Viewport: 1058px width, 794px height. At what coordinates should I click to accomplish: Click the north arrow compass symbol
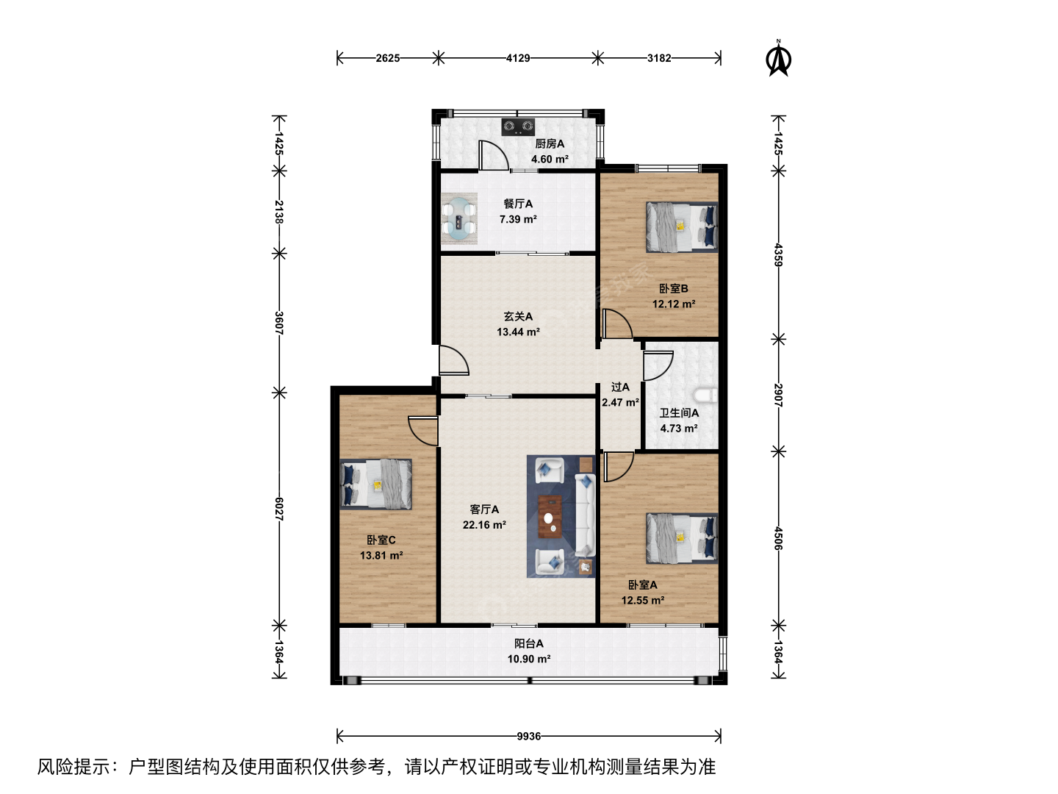[778, 58]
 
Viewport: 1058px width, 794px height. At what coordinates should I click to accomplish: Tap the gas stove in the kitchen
[518, 126]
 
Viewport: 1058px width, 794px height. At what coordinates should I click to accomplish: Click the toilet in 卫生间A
[706, 396]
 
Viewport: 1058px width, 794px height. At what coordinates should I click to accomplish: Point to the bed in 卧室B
[682, 227]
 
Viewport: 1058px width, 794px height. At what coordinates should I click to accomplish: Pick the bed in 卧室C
[376, 484]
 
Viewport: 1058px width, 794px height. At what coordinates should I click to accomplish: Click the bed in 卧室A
[682, 538]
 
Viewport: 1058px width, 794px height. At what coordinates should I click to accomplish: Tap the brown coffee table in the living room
[550, 516]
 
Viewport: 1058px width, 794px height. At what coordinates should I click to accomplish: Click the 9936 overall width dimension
[529, 736]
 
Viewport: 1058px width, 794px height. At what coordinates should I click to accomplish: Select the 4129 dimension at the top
[518, 58]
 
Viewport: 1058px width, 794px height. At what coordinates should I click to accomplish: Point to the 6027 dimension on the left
[279, 509]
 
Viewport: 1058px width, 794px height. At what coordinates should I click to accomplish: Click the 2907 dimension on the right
[778, 396]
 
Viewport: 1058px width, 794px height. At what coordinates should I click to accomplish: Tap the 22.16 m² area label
[484, 524]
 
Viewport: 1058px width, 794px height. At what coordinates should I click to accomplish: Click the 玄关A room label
[518, 316]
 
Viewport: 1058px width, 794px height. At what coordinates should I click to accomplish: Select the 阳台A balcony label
[529, 643]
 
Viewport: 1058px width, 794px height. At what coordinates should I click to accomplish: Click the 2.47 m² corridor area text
[620, 402]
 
